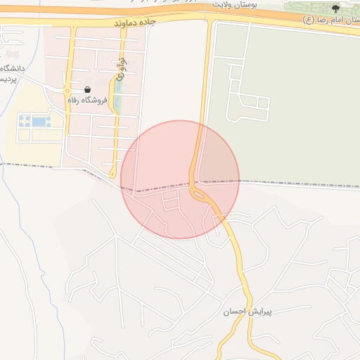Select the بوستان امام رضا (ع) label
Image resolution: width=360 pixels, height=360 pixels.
(x=330, y=20)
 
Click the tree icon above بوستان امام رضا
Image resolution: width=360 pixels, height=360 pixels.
(x=335, y=8)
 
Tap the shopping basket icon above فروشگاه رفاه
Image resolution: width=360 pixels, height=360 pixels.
(x=87, y=89)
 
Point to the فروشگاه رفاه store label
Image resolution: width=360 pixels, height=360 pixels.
(x=87, y=101)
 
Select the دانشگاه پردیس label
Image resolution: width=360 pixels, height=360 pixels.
(x=13, y=73)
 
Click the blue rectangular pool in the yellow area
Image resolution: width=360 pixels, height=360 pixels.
(x=39, y=122)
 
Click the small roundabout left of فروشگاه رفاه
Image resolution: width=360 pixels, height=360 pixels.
(x=67, y=91)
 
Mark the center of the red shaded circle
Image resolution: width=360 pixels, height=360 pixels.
(x=180, y=179)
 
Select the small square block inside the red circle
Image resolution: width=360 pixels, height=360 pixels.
(x=171, y=202)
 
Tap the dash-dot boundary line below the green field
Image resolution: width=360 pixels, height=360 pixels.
(x=295, y=184)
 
